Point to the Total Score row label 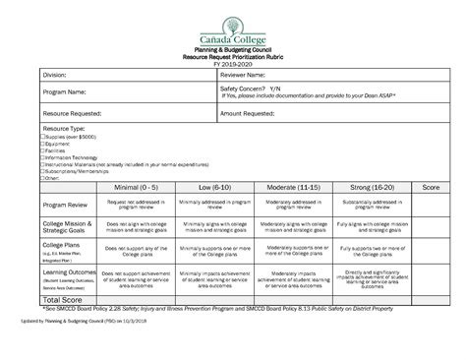pyautogui.click(x=53, y=298)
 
